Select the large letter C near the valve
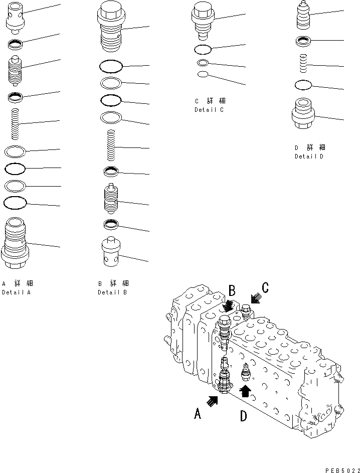[265, 287]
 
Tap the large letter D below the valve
[243, 416]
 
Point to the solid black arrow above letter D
[245, 390]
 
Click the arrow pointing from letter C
[254, 299]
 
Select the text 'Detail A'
[16, 292]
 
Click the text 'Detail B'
[112, 292]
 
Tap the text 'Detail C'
[209, 110]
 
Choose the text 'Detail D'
[309, 156]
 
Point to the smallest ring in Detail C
[203, 75]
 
